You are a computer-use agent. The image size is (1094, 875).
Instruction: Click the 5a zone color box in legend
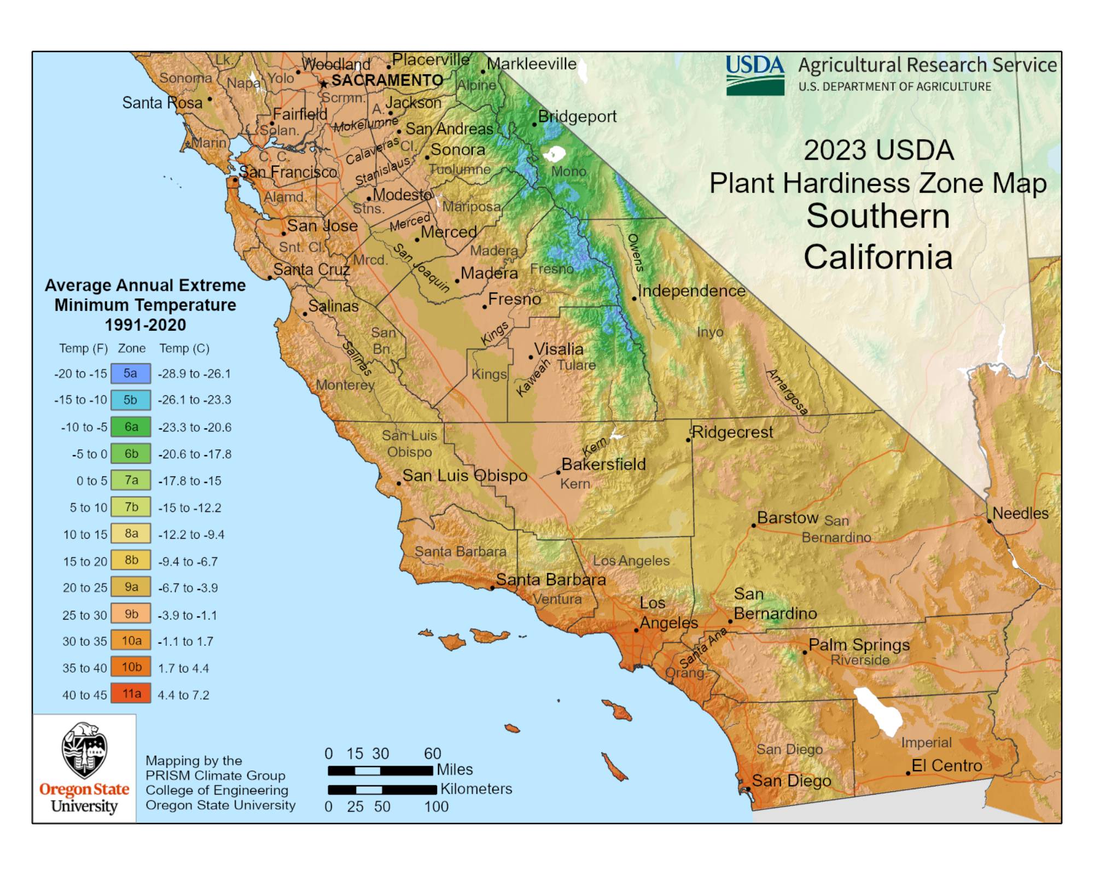coord(130,374)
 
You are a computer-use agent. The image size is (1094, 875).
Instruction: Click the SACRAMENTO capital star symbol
coord(324,84)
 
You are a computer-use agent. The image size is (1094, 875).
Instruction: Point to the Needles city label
coord(1020,514)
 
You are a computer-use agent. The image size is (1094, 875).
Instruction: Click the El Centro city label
coord(946,766)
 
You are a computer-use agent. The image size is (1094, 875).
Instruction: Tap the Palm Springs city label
coord(859,645)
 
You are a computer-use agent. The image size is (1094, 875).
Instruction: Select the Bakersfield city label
coord(603,464)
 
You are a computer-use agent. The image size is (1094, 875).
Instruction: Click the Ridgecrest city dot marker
coord(689,440)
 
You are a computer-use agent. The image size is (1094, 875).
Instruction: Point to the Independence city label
coord(691,291)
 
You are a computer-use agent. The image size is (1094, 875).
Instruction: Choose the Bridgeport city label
coord(577,116)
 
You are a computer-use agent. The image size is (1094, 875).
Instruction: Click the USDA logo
coord(755,75)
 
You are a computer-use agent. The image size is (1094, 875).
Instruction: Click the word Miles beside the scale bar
coord(455,769)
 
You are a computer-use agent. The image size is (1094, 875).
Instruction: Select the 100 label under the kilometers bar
coord(436,807)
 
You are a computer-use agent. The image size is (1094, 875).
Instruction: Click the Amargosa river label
coord(787,392)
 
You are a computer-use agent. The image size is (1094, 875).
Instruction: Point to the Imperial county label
coord(926,743)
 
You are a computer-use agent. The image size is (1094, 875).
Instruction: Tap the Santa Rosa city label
coord(162,103)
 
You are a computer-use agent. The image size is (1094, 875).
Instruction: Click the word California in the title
coord(877,257)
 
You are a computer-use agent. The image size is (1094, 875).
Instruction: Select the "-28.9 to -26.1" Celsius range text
coord(194,374)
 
